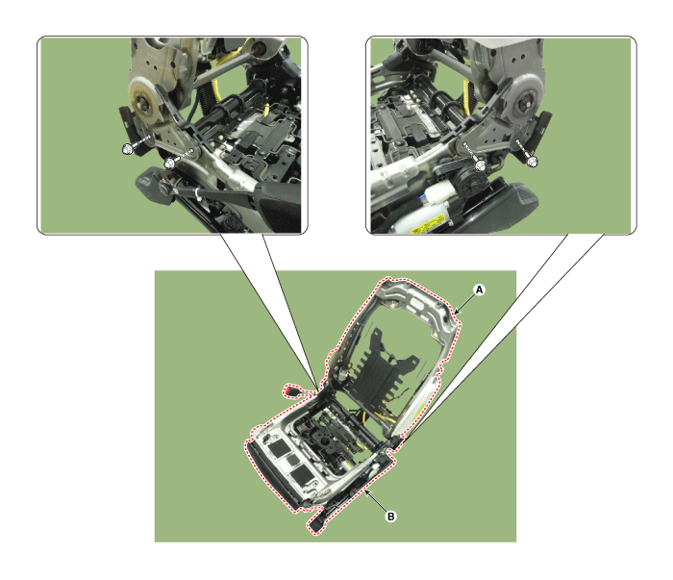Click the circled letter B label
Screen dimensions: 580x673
(390, 517)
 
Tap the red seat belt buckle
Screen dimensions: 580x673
(291, 391)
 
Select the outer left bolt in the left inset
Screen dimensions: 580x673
(127, 148)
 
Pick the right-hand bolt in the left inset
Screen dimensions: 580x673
(168, 163)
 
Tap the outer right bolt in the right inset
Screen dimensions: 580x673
(531, 161)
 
